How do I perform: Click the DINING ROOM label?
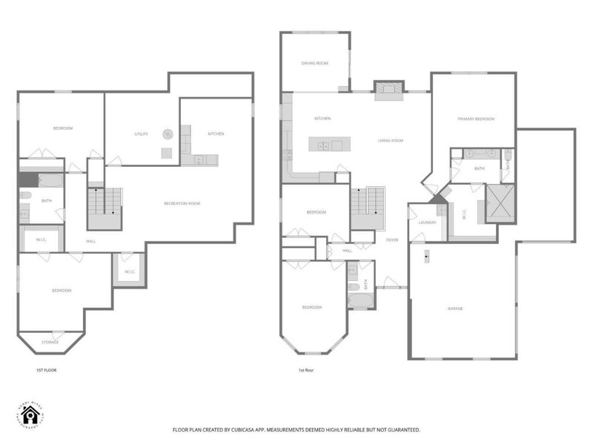point(314,63)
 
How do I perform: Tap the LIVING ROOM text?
point(390,140)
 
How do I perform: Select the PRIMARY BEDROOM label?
point(475,119)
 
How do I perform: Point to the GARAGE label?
point(454,308)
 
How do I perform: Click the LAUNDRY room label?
point(426,222)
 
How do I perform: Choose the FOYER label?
point(392,240)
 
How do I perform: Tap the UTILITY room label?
point(141,134)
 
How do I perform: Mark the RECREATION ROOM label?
point(182,203)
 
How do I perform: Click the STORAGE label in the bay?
point(50,342)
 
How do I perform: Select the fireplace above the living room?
point(388,90)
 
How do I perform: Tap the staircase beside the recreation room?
point(103,208)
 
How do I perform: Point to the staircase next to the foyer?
point(367,208)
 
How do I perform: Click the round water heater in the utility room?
point(168,134)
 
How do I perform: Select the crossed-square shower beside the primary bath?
point(499,202)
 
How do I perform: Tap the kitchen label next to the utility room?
point(216,133)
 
